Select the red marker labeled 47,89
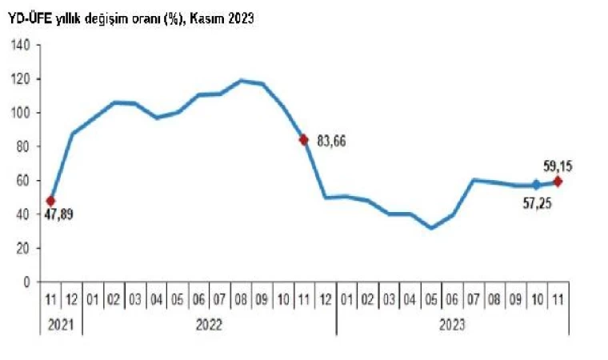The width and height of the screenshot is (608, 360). pyautogui.click(x=50, y=201)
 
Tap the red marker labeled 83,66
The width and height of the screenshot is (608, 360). pyautogui.click(x=304, y=139)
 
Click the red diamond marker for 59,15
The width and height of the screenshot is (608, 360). pyautogui.click(x=558, y=182)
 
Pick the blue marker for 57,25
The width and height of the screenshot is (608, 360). pyautogui.click(x=536, y=185)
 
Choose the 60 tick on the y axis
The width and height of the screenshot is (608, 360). pyautogui.click(x=24, y=181)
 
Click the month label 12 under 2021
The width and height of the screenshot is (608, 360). pyautogui.click(x=71, y=300)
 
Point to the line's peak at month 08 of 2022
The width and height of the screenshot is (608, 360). pyautogui.click(x=241, y=80)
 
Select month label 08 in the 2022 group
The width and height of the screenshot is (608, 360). pyautogui.click(x=241, y=300)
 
